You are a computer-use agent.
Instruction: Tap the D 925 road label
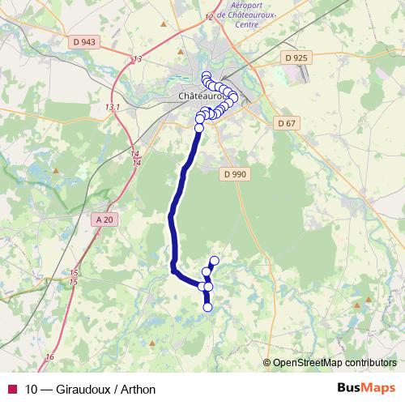click(x=297, y=58)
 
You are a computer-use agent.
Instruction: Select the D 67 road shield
click(x=286, y=123)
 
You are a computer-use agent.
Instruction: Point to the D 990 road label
click(x=234, y=174)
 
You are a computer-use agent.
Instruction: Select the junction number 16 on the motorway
click(x=49, y=357)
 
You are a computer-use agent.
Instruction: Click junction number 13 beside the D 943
click(x=136, y=59)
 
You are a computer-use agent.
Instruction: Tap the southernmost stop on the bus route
click(x=207, y=307)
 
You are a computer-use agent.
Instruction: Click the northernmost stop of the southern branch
click(x=215, y=260)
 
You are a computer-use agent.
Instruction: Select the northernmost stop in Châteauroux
click(x=206, y=75)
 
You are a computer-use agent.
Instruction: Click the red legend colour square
click(x=11, y=389)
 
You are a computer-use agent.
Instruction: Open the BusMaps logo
click(x=365, y=388)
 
